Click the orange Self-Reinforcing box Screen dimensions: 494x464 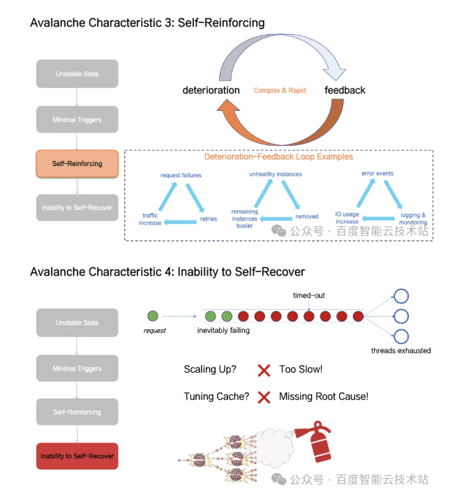tap(77, 163)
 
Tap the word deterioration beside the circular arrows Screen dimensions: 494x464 tap(211, 90)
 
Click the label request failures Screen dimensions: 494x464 tap(181, 175)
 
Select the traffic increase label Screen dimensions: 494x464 tap(151, 219)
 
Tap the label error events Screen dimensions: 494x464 tap(378, 173)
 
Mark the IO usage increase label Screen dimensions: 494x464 tap(347, 218)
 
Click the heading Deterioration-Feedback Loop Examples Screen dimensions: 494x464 tap(278, 157)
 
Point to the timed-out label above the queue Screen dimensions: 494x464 tap(309, 296)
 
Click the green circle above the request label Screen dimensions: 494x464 tap(154, 315)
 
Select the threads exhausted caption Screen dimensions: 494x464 tap(401, 350)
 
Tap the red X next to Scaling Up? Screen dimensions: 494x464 tap(264, 370)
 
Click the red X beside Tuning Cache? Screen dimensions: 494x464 tap(264, 397)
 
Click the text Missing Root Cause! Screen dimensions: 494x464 tap(323, 396)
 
